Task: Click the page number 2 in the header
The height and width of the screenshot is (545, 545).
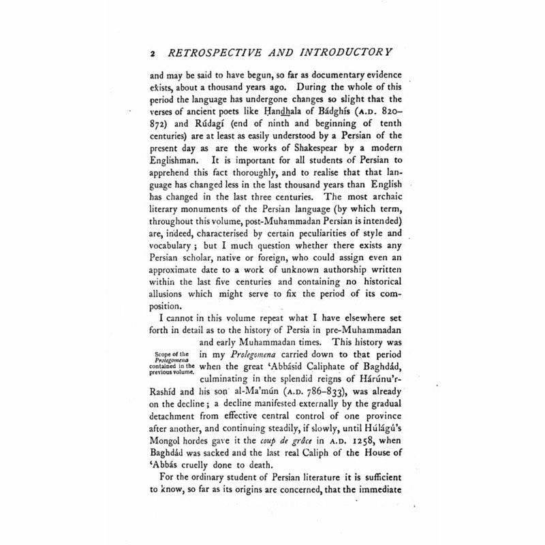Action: pos(154,51)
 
